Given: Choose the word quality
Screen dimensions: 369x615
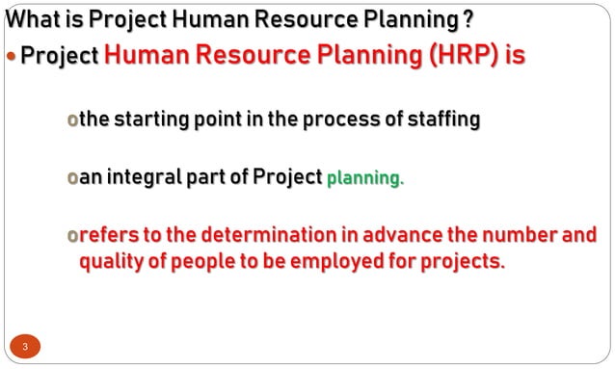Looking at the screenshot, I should click(x=113, y=261).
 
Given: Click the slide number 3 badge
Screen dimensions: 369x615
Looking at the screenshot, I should click(x=26, y=346).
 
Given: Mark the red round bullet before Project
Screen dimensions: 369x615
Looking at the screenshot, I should click(x=12, y=56).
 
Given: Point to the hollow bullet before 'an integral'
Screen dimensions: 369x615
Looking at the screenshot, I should click(x=70, y=179).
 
